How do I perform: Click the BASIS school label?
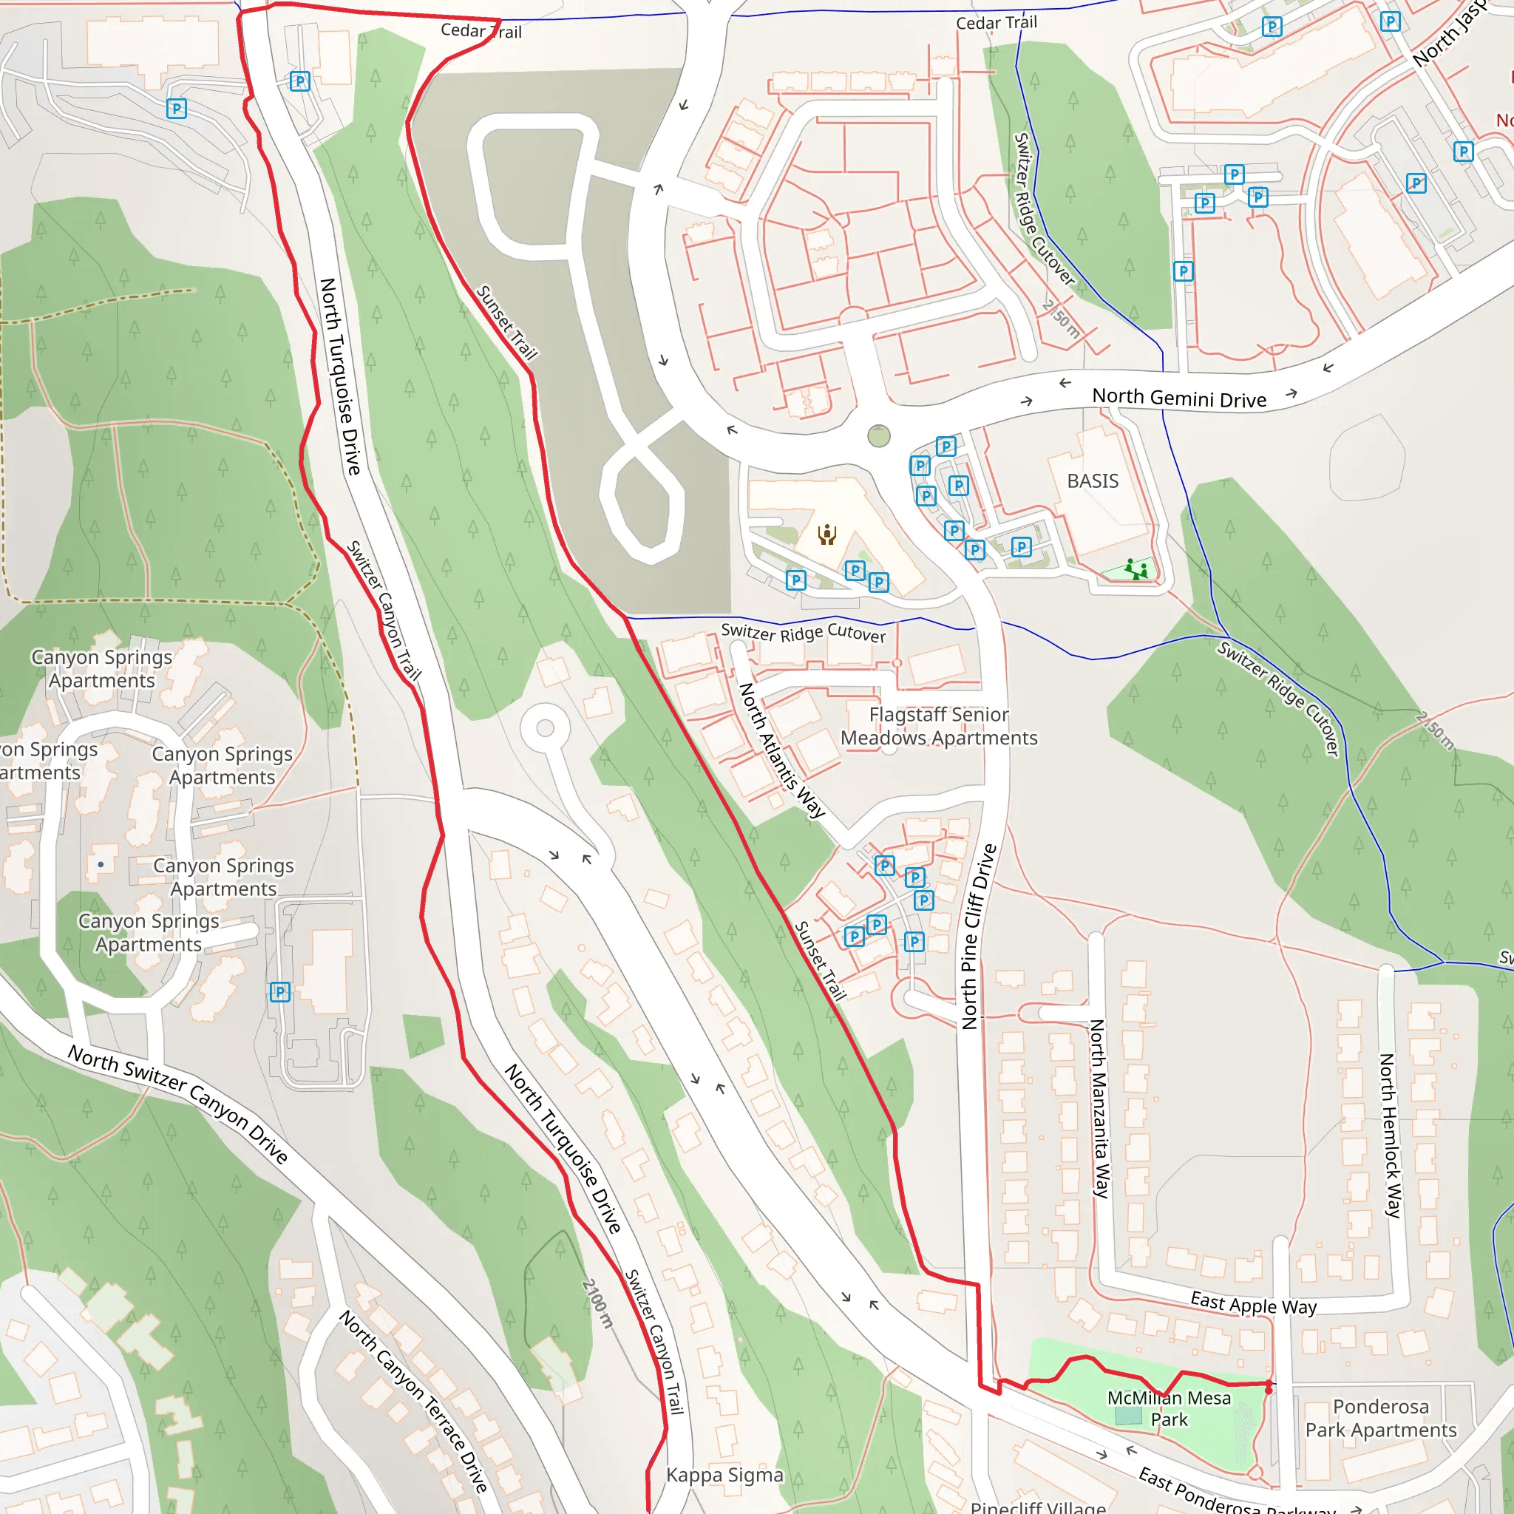pos(1093,481)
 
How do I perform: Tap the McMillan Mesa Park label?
pos(1169,1409)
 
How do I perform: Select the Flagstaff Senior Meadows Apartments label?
pos(938,727)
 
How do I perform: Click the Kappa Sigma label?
pos(724,1475)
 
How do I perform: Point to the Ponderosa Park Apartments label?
pos(1380,1419)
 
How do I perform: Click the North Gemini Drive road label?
pos(1178,398)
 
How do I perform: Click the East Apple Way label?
pos(1253,1304)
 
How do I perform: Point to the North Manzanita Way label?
pos(1100,1108)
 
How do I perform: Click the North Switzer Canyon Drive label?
pos(178,1104)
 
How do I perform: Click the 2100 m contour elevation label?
pos(597,1303)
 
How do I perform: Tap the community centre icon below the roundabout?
pos(826,534)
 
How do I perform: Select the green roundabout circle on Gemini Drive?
pos(878,435)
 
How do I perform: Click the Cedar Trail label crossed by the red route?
pos(481,31)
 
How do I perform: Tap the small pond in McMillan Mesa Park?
pos(1127,1437)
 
